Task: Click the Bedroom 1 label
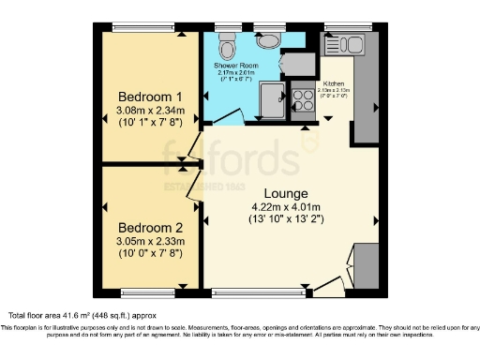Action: (150, 97)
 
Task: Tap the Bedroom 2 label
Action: (150, 227)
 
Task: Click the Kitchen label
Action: (335, 83)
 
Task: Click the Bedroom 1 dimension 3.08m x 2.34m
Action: (150, 112)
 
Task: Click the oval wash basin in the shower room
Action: (268, 38)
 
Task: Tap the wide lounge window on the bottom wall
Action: (262, 292)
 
